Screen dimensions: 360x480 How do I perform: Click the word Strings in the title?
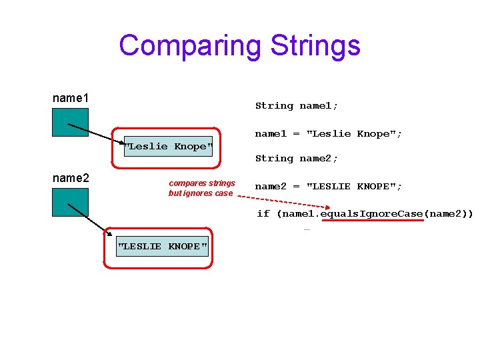click(x=315, y=45)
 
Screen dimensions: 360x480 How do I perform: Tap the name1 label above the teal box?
click(x=71, y=99)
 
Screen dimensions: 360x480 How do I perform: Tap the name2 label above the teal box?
click(x=71, y=178)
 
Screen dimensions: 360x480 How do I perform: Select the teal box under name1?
click(x=71, y=121)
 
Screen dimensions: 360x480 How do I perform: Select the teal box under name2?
click(x=71, y=202)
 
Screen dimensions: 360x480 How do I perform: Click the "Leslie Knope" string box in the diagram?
click(x=168, y=146)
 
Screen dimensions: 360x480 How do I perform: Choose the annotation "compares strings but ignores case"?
click(x=201, y=188)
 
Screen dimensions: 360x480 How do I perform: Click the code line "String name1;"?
click(x=297, y=105)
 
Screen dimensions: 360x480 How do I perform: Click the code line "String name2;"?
click(x=297, y=158)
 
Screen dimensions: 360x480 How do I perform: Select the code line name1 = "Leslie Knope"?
click(x=329, y=133)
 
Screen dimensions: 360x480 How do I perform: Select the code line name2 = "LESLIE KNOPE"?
click(x=329, y=186)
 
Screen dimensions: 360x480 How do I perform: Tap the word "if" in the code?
click(x=263, y=213)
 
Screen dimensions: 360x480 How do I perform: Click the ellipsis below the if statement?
click(x=307, y=229)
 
